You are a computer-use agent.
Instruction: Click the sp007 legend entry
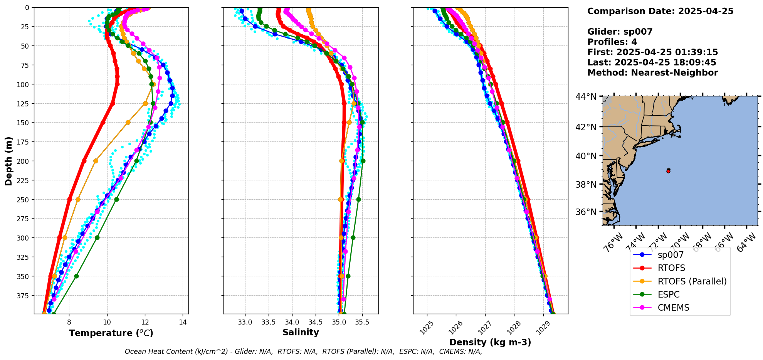tap(670, 255)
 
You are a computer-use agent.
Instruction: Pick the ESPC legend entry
tap(668, 294)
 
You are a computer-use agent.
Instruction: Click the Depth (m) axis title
tap(8, 161)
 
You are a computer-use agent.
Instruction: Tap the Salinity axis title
tap(301, 332)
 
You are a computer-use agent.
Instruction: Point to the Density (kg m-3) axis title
tap(490, 342)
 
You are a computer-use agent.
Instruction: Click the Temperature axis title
tap(111, 333)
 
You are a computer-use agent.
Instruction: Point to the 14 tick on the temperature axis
tap(183, 322)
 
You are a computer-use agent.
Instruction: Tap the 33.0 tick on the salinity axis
tap(245, 322)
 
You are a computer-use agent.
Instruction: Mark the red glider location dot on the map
tap(668, 171)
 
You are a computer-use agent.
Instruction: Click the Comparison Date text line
tap(660, 11)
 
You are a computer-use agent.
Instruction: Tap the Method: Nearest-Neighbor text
tap(652, 73)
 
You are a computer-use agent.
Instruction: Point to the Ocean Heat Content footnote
tap(303, 352)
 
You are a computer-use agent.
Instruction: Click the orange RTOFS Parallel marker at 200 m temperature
tap(96, 161)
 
